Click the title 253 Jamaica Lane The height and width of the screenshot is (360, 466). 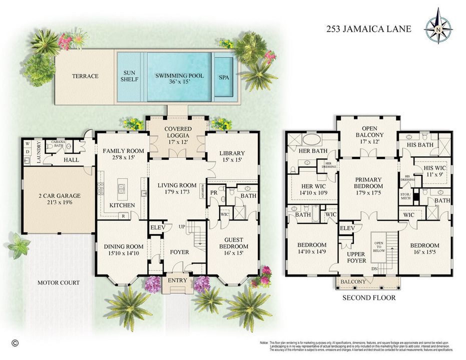[368, 29]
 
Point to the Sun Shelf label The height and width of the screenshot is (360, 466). [130, 76]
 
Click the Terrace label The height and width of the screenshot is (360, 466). [85, 76]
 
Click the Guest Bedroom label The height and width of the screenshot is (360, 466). [234, 243]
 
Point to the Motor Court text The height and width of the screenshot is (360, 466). [59, 283]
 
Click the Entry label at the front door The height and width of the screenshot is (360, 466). [177, 280]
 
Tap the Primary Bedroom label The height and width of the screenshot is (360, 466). [368, 183]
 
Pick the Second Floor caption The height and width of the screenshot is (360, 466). [369, 298]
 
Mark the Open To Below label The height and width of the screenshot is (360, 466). [378, 246]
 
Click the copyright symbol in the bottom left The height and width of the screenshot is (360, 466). [15, 343]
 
